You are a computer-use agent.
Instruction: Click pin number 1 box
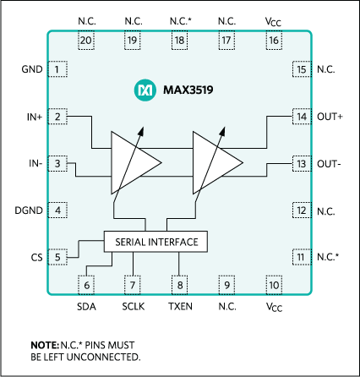[57, 70]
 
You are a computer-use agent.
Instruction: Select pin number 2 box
[57, 117]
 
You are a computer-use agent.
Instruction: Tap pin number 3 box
[57, 163]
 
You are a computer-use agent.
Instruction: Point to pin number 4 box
[57, 210]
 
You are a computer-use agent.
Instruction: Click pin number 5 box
[57, 257]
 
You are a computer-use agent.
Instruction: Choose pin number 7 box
[133, 286]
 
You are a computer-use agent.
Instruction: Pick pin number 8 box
[179, 286]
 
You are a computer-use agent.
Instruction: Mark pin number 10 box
[274, 286]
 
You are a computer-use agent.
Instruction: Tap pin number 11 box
[302, 257]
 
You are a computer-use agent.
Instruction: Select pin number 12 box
[302, 210]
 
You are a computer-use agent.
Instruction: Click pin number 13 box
[302, 163]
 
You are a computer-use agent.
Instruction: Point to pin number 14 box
[302, 117]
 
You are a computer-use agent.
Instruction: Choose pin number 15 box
[302, 70]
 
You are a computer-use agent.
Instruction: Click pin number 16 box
[274, 41]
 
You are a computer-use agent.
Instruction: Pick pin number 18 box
[179, 41]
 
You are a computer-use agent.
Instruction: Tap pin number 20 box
[85, 41]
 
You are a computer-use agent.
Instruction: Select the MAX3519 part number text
[188, 88]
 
